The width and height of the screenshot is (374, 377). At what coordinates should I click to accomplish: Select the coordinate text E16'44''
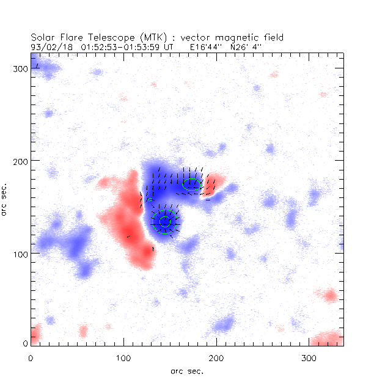tap(202, 46)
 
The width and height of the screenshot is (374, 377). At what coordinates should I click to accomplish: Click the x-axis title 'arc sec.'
tap(187, 370)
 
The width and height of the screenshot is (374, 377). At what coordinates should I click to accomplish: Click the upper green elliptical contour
tap(192, 183)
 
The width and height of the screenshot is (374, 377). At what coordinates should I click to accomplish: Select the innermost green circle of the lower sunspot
tap(164, 222)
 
